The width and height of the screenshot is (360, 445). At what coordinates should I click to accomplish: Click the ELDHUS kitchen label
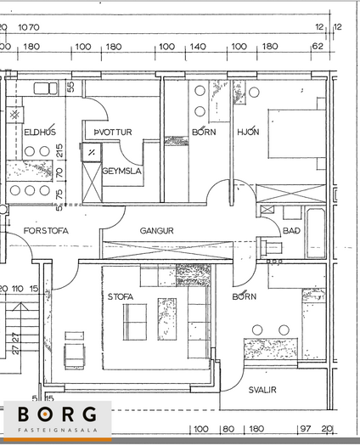40,132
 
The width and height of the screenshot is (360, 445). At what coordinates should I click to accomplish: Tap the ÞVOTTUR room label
113,132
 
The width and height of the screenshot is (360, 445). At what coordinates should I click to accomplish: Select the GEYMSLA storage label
121,171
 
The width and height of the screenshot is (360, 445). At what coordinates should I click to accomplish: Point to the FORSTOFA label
46,231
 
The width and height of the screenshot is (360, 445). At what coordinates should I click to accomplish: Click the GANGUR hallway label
156,231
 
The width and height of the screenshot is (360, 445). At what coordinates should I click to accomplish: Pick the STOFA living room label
121,297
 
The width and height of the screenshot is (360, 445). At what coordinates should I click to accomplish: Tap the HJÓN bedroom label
248,132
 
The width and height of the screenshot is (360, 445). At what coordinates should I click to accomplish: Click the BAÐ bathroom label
291,231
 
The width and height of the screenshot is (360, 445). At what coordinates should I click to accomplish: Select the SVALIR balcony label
262,390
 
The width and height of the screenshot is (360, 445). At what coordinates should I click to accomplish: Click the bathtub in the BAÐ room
316,234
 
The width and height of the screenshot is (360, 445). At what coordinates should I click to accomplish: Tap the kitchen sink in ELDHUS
45,88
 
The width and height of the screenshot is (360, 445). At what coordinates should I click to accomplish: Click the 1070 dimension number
29,27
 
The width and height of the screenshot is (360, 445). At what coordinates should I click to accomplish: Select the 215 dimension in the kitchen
59,151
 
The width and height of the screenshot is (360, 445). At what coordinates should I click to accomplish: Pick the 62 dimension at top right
318,46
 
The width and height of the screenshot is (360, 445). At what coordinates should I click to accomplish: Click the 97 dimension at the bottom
306,429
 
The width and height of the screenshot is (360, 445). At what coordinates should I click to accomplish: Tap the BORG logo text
57,414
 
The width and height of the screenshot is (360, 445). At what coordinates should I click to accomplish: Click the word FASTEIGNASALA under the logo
58,431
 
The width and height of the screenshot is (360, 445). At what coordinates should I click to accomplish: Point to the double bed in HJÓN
296,133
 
